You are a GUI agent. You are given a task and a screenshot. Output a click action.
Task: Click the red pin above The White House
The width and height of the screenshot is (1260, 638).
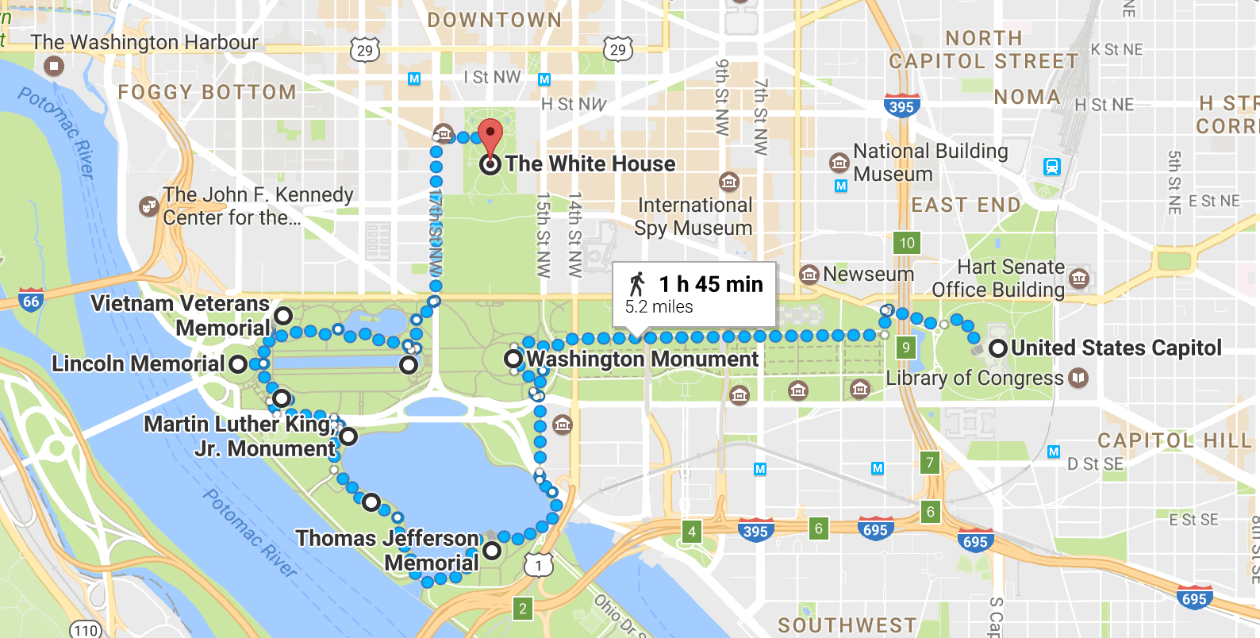click(490, 134)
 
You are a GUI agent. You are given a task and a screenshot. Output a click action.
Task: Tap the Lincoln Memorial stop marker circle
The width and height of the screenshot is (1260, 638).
click(238, 364)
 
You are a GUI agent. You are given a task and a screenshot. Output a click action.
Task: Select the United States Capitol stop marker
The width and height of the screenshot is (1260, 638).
click(998, 348)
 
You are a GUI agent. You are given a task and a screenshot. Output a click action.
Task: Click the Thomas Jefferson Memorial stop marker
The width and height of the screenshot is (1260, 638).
click(492, 550)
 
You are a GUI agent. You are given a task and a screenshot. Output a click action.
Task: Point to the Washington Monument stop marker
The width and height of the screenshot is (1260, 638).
click(514, 359)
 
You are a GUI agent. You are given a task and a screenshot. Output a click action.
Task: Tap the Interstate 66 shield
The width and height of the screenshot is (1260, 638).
click(31, 301)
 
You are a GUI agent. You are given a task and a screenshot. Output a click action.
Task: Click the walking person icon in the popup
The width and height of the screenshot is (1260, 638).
click(636, 284)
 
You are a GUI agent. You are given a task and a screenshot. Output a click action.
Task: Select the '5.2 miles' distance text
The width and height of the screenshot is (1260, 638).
click(659, 307)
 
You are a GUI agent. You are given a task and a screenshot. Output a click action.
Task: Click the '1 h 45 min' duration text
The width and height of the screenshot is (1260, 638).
click(711, 284)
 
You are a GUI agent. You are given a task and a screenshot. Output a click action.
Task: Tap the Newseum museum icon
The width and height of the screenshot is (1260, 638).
click(809, 275)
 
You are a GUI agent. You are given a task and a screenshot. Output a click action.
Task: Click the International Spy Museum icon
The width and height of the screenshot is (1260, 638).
click(728, 181)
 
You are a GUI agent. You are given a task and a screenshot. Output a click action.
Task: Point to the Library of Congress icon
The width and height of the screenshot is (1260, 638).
click(1078, 378)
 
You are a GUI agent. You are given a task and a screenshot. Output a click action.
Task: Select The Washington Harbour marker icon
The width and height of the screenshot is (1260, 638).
click(54, 65)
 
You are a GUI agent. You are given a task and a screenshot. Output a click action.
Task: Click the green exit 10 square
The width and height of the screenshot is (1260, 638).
click(907, 243)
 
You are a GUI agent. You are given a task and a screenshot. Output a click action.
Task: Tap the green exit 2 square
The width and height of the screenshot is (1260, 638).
click(522, 609)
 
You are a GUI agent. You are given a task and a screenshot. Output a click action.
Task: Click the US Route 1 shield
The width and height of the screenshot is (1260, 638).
click(539, 565)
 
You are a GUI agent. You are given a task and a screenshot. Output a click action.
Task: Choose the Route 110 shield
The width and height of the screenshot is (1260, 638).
click(86, 630)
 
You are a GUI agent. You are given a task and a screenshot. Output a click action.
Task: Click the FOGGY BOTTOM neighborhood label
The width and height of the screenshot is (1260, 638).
click(207, 93)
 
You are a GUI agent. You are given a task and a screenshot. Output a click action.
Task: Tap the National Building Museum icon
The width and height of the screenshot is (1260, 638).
click(839, 163)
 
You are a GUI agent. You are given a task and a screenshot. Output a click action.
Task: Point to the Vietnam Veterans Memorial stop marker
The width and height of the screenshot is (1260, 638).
click(283, 316)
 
